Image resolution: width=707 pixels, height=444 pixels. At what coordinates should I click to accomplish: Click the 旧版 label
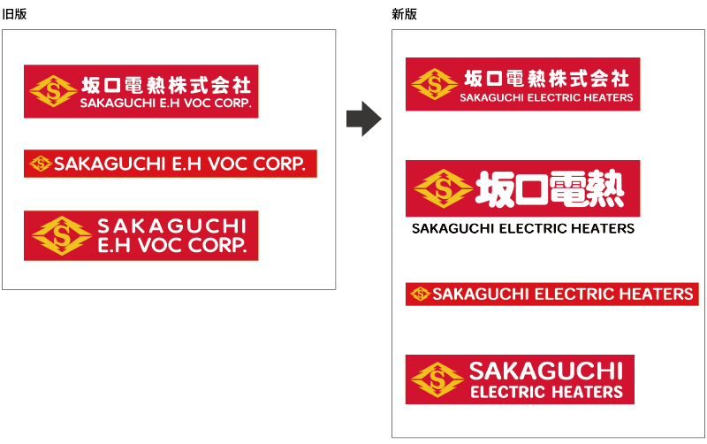13,14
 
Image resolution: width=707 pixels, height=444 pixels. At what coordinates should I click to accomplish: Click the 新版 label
404,14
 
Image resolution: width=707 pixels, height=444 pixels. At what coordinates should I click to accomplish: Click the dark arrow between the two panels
362,119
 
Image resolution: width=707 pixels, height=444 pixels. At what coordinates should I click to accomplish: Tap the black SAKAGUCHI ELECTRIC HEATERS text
523,228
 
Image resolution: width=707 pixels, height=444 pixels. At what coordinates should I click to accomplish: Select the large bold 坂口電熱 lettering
551,188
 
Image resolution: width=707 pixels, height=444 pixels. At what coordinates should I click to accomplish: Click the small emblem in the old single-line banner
41,164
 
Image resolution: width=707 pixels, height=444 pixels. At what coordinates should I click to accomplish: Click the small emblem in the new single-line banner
420,294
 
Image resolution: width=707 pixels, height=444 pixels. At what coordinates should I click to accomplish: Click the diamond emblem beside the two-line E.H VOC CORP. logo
62,235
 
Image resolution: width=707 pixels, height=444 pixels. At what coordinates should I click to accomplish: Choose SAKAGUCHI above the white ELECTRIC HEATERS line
546,371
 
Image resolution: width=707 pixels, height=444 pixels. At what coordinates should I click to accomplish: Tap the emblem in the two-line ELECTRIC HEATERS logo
437,379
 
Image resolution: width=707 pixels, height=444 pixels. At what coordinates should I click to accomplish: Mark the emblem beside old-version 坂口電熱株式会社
51,91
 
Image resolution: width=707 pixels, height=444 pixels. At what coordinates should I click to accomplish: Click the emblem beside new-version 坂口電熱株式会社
434,84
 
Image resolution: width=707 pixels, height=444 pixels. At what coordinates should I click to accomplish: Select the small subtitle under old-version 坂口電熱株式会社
165,103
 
